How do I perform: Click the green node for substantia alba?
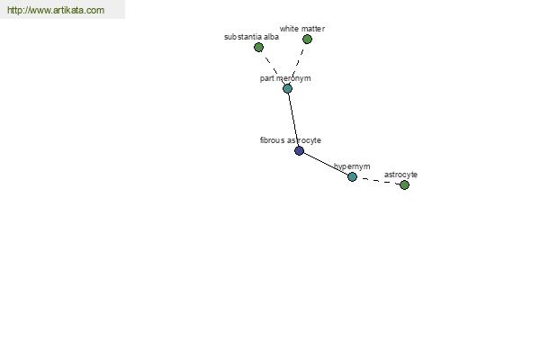pyautogui.click(x=258, y=47)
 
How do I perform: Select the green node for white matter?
pyautogui.click(x=307, y=39)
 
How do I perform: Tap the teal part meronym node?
pyautogui.click(x=288, y=88)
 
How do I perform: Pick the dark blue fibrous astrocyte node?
pyautogui.click(x=300, y=150)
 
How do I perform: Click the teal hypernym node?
pyautogui.click(x=352, y=176)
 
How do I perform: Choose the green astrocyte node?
pyautogui.click(x=404, y=185)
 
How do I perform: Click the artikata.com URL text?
pyautogui.click(x=56, y=10)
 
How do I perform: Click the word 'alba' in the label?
pyautogui.click(x=271, y=37)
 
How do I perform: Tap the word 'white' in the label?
pyautogui.click(x=289, y=29)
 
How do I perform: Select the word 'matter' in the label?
pyautogui.click(x=312, y=29)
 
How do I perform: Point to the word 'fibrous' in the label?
pyautogui.click(x=272, y=140)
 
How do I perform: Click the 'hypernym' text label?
pyautogui.click(x=352, y=166)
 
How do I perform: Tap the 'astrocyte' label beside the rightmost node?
pyautogui.click(x=400, y=175)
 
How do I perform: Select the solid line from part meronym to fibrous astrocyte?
pyautogui.click(x=293, y=120)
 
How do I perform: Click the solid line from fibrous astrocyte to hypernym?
pyautogui.click(x=326, y=164)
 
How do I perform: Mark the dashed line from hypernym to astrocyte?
pyautogui.click(x=378, y=181)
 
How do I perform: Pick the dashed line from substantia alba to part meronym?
pyautogui.click(x=273, y=67)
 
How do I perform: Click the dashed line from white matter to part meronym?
pyautogui.click(x=298, y=64)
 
